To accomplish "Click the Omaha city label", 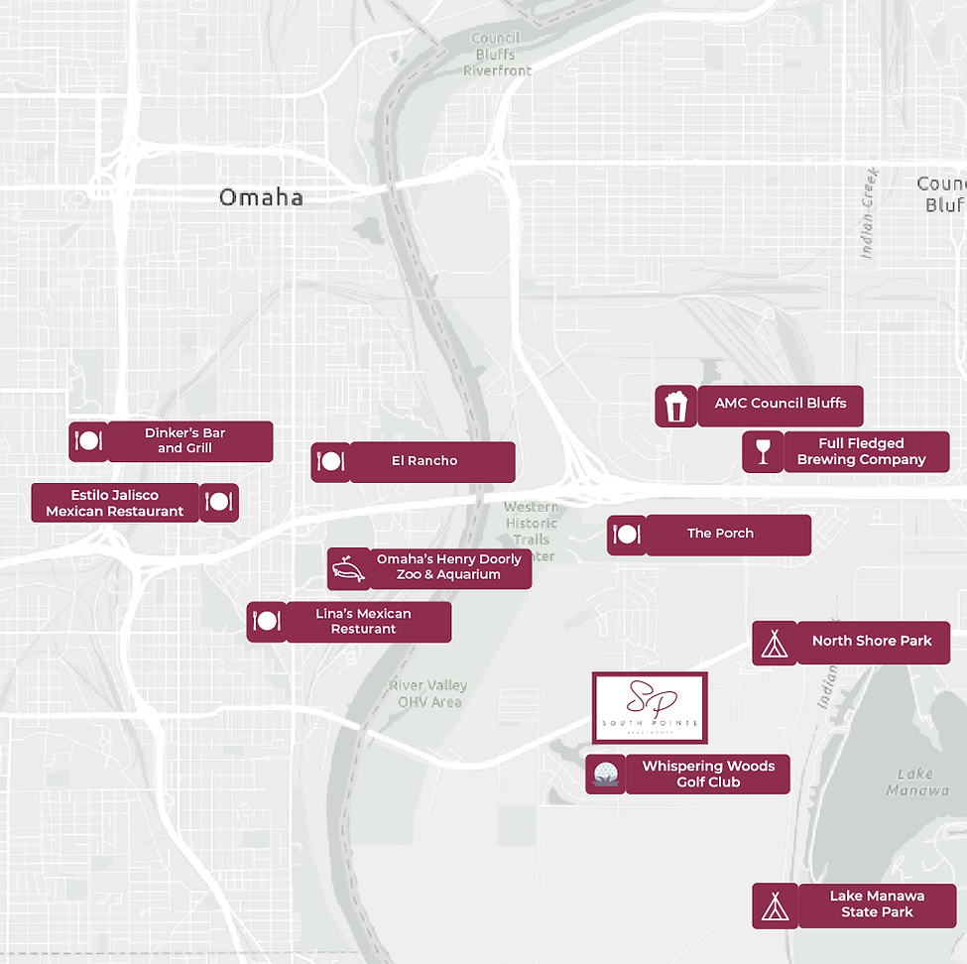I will tap(261, 197).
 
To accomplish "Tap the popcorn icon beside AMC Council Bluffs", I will tap(675, 407).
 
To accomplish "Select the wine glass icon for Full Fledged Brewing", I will tap(763, 452).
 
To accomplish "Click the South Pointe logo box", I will tap(650, 708).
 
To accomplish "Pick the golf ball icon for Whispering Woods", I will tap(605, 774).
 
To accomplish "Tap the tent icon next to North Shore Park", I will tap(774, 643).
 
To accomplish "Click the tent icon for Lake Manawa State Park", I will tap(774, 905).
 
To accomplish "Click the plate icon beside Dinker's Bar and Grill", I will tap(87, 441).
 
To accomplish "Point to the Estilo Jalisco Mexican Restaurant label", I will tap(115, 503).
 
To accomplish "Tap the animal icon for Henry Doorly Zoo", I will tap(348, 569).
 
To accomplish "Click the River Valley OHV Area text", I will tap(427, 694).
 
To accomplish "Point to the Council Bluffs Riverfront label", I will tap(497, 55).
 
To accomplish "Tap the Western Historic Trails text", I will tap(532, 523).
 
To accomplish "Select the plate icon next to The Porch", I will tap(627, 535).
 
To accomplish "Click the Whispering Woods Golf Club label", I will tap(707, 774).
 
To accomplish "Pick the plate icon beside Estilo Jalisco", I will tap(219, 503).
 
